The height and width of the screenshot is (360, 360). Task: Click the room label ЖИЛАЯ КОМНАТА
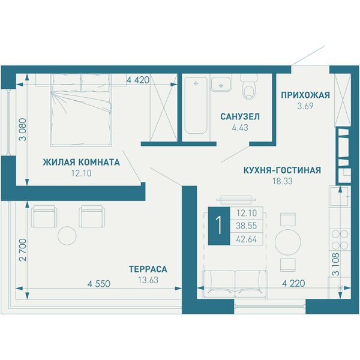pos(81,163)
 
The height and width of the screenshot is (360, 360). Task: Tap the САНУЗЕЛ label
pos(240,116)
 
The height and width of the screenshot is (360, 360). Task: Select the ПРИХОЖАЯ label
pos(305,95)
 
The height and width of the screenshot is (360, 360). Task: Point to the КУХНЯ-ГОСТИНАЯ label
pos(282,170)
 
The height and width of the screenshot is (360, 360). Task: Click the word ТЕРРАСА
pos(148,269)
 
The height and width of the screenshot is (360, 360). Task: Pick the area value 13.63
pos(148,280)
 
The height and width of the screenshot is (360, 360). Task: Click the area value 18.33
pos(283,181)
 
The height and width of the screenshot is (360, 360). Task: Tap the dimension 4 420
pos(138,80)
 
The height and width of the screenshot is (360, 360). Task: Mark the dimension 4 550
pos(99,284)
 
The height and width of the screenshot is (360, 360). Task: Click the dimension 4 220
pos(293,283)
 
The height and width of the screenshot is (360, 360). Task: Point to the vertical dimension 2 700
pos(23,250)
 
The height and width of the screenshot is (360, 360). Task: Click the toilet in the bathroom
pos(248,86)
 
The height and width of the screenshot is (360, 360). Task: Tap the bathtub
pos(196,106)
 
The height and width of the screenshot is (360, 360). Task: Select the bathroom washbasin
pos(221,84)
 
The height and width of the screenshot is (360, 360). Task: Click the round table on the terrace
pos(67,236)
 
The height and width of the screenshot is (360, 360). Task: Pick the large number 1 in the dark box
pos(219,226)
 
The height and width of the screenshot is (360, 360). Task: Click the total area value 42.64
pos(247,239)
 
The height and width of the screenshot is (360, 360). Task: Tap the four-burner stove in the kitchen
pos(340,240)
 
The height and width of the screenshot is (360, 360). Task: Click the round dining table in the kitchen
pos(287,242)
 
